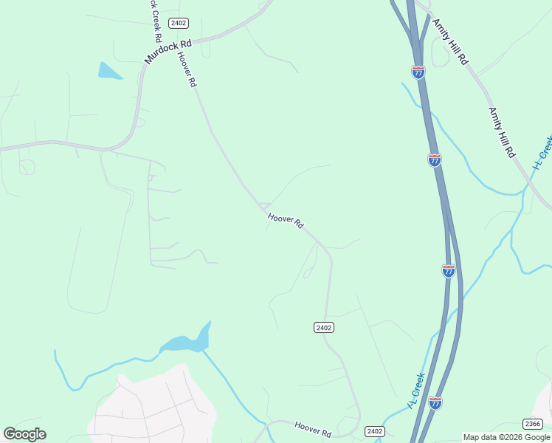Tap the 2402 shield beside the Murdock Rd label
[x=178, y=23]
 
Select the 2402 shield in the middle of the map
[x=323, y=327]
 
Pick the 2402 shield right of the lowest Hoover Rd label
[x=375, y=431]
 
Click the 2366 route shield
[x=532, y=424]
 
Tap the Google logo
[x=24, y=434]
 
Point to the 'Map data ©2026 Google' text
[x=506, y=437]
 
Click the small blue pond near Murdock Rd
[x=108, y=71]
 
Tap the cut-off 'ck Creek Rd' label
[x=156, y=20]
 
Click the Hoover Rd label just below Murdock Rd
[x=187, y=70]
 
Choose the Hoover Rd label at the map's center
[x=286, y=221]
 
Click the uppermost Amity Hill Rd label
[x=450, y=41]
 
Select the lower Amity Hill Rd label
[x=501, y=132]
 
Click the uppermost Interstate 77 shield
[x=418, y=72]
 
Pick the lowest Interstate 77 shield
[x=435, y=403]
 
